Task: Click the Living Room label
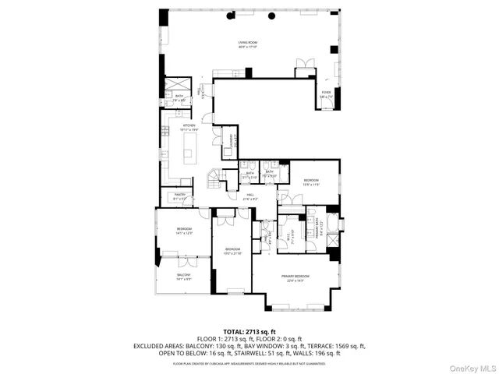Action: coord(248,44)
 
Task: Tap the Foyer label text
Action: coord(326,93)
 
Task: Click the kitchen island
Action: coord(188,147)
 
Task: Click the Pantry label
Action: coord(179,197)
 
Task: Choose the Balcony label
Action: coord(183,277)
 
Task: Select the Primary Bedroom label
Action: coord(296,278)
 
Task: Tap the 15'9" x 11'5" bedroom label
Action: coord(311,182)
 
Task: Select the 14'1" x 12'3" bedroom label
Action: coord(183,231)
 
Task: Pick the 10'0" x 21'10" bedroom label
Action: coord(232,251)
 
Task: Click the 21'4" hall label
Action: coord(251,197)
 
